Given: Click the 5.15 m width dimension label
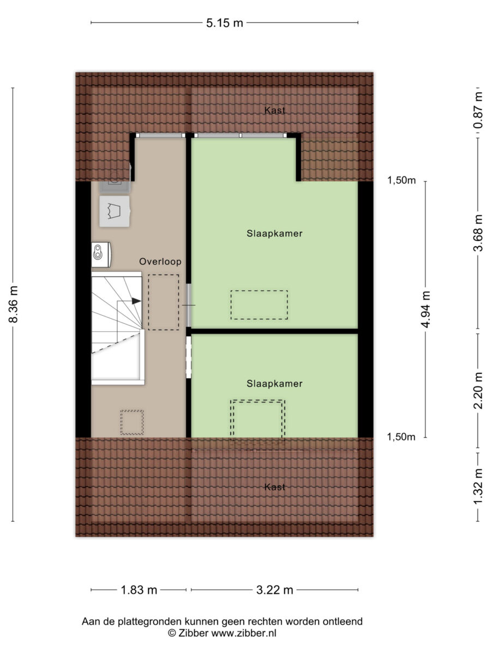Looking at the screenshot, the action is pyautogui.click(x=224, y=23).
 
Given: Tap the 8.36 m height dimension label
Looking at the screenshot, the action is pyautogui.click(x=14, y=304).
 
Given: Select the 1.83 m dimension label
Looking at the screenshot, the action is pyautogui.click(x=139, y=590).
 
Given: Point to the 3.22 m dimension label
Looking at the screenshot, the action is pyautogui.click(x=274, y=590).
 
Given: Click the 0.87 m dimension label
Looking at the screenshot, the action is pyautogui.click(x=478, y=110).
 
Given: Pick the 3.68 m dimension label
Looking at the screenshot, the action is pyautogui.click(x=478, y=233).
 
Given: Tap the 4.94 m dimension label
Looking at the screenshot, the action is pyautogui.click(x=426, y=309).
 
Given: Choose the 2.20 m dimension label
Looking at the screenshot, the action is pyautogui.click(x=478, y=391).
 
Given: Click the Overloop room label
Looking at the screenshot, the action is pyautogui.click(x=160, y=261).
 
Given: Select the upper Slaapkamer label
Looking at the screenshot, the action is pyautogui.click(x=274, y=234).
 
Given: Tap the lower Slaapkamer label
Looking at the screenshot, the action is pyautogui.click(x=274, y=384).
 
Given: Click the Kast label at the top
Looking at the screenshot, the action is pyautogui.click(x=274, y=110).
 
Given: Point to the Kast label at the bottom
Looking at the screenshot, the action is pyautogui.click(x=274, y=487).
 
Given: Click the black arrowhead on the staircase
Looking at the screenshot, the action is pyautogui.click(x=136, y=301).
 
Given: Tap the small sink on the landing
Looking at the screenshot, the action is pyautogui.click(x=101, y=254).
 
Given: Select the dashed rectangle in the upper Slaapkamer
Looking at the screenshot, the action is pyautogui.click(x=259, y=305).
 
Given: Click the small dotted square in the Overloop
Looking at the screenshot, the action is pyautogui.click(x=132, y=422).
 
